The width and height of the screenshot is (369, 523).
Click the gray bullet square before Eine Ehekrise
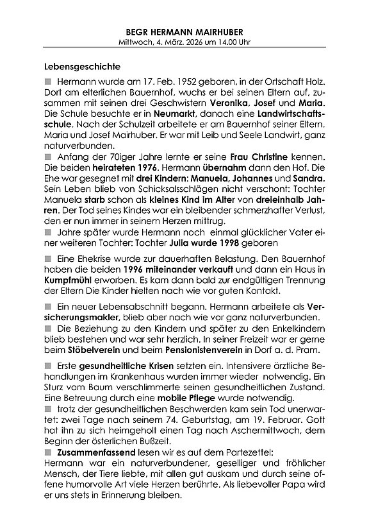point(48,257)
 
